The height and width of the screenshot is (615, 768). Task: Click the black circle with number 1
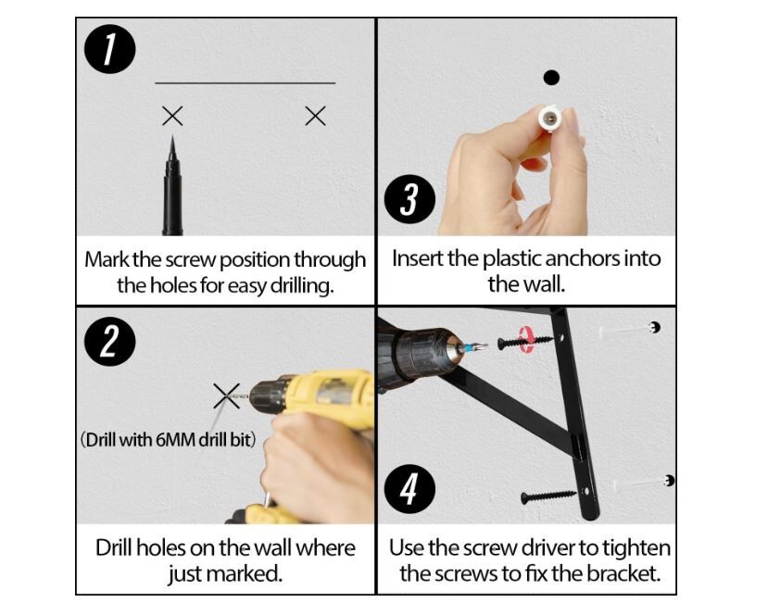[x=109, y=49]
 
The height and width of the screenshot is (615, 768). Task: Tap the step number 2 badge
[x=109, y=341]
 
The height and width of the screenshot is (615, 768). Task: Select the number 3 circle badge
[x=410, y=199]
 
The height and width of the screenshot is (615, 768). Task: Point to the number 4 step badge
[x=410, y=489]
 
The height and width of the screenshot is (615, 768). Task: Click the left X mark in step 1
[x=172, y=116]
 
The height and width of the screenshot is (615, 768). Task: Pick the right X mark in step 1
[x=315, y=116]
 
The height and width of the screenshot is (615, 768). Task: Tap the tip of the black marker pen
[x=172, y=136]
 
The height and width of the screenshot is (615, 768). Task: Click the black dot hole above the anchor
[x=551, y=78]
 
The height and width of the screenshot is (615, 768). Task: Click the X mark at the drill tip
[x=226, y=395]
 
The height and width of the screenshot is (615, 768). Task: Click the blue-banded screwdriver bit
[x=472, y=347]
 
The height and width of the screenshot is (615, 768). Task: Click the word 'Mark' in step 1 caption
[x=107, y=259]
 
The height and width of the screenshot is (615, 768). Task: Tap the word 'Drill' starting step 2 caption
[x=115, y=548]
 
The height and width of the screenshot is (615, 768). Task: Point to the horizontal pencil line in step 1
[x=246, y=83]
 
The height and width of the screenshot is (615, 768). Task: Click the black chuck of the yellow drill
[x=268, y=395]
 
